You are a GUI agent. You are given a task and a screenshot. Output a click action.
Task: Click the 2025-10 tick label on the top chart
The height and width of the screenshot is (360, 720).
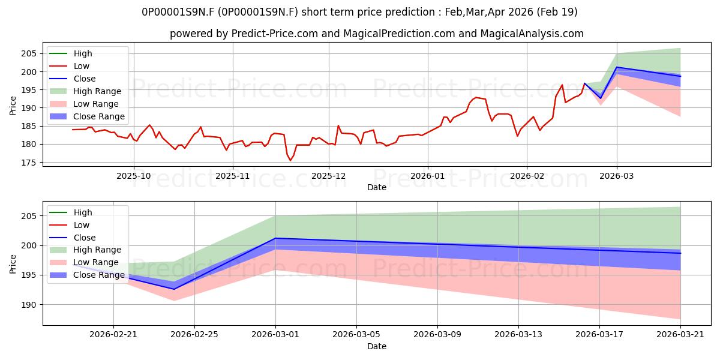133,176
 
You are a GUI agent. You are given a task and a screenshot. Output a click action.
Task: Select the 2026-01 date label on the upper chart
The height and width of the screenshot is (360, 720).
427,176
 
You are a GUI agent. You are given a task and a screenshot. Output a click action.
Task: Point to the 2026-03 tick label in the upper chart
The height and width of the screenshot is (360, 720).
617,176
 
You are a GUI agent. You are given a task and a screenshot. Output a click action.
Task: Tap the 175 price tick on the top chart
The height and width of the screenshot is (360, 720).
28,163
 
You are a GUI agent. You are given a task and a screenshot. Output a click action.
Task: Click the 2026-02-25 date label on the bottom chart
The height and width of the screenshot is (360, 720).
194,334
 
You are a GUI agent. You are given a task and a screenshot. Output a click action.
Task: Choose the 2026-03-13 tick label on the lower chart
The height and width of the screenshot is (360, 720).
518,334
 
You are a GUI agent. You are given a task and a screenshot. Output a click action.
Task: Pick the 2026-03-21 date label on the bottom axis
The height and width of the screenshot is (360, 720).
680,334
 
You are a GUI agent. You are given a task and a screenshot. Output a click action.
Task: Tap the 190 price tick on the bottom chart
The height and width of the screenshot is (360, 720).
28,305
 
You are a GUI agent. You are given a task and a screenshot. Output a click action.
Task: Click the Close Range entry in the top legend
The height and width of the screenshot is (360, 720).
87,116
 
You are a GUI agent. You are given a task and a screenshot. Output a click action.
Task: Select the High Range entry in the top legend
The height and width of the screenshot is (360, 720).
85,91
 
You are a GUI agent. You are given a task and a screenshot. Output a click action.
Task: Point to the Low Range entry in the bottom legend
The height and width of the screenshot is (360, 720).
84,262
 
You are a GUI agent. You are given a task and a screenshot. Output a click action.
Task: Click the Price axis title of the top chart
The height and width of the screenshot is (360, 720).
13,106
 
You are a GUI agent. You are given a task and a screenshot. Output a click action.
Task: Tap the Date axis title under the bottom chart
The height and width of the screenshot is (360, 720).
377,346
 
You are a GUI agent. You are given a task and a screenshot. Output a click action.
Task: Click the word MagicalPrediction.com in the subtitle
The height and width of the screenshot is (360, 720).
399,34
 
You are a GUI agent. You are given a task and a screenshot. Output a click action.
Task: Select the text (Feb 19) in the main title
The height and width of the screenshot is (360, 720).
557,12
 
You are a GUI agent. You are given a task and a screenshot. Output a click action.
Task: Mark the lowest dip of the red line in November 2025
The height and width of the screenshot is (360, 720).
290,160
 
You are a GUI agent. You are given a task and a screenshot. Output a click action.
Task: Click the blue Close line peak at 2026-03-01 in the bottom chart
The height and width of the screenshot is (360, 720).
275,238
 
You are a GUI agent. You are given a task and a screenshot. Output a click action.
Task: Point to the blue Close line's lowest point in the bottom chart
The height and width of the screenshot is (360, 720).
174,289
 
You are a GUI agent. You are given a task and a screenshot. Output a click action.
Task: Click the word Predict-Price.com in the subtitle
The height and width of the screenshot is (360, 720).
275,34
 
